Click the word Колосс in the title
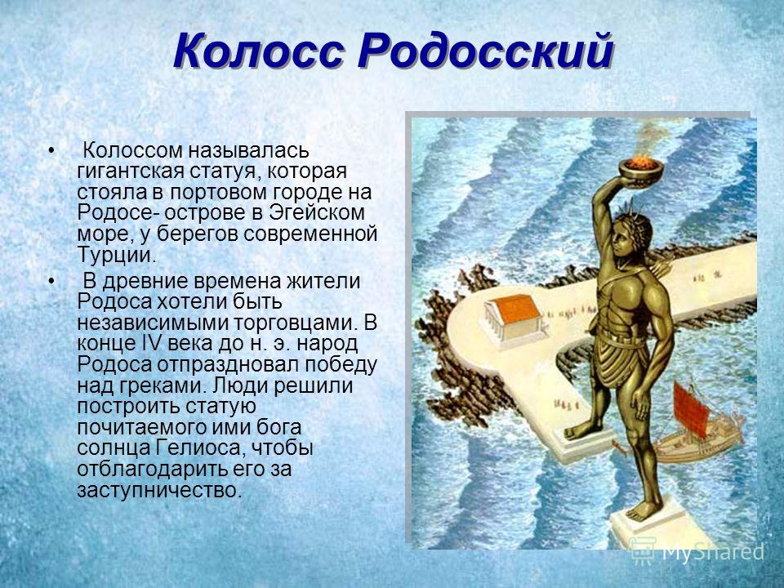[x=259, y=51]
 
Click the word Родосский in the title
[x=485, y=51]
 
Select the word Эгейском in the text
[x=318, y=212]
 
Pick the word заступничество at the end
[x=159, y=489]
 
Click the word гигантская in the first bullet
[x=131, y=171]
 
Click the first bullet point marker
[x=51, y=150]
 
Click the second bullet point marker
[x=51, y=281]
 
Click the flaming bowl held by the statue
[x=642, y=171]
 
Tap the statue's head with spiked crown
[x=633, y=233]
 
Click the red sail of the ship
[x=691, y=411]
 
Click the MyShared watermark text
[x=698, y=551]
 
